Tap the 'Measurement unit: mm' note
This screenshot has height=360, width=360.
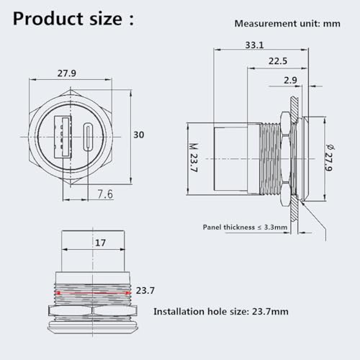click(287, 24)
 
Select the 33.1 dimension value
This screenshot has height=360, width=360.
click(254, 45)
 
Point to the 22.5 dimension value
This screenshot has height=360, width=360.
click(278, 61)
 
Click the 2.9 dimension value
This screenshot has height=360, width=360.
click(290, 80)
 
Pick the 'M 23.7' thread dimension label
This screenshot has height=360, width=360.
click(194, 158)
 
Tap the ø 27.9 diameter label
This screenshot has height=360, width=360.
click(329, 158)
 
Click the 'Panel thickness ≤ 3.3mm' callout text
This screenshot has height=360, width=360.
click(245, 227)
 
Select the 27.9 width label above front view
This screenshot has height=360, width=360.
click(67, 73)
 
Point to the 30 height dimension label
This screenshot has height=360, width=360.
click(139, 135)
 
